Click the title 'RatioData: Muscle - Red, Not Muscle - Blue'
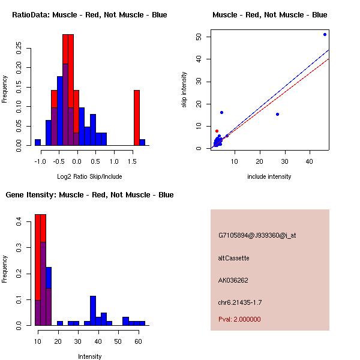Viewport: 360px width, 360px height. tap(89, 15)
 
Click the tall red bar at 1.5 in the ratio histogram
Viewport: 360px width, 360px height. tap(137, 118)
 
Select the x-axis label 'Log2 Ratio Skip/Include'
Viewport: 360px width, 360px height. tap(89, 176)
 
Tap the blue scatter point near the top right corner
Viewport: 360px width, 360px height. tap(325, 34)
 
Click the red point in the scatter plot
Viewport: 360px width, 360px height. tap(217, 131)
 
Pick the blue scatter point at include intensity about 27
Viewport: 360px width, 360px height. tap(277, 114)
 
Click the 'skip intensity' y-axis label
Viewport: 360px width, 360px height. tap(185, 90)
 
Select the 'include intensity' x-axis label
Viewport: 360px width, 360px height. tap(269, 176)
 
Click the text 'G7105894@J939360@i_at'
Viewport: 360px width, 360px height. tap(257, 235)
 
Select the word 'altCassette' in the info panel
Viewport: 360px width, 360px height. tap(233, 258)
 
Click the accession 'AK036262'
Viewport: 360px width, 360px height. tap(233, 280)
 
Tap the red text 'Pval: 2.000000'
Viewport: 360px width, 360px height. tap(239, 319)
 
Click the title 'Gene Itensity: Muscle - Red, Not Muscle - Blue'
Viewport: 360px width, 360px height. tap(89, 195)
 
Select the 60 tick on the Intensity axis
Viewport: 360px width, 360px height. tap(137, 341)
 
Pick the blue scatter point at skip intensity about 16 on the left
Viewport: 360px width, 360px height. tap(221, 112)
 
